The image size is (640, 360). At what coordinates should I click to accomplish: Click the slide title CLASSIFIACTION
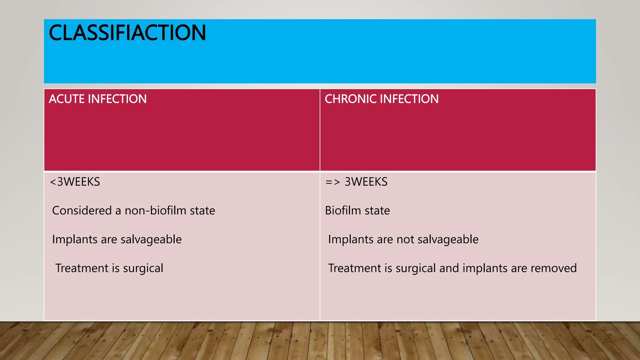(127, 33)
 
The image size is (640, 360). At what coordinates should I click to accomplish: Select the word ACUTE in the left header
(67, 99)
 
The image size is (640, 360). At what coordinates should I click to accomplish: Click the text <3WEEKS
(75, 182)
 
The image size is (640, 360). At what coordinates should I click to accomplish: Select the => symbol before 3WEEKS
(332, 182)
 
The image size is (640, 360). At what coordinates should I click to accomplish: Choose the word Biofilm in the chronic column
(343, 211)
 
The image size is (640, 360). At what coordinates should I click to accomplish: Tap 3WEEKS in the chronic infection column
(366, 182)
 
